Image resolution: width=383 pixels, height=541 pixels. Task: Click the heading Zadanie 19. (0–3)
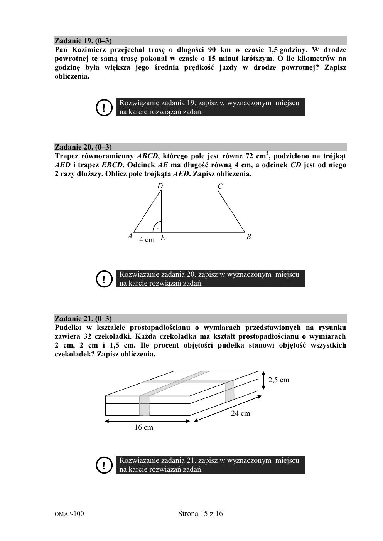[x=83, y=41]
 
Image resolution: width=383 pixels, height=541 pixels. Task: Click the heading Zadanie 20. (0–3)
[x=83, y=147]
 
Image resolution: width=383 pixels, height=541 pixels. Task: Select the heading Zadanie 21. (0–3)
[x=83, y=319]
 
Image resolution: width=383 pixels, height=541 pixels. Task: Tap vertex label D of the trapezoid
[x=160, y=186]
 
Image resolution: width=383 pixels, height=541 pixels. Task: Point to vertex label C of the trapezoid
[x=220, y=186]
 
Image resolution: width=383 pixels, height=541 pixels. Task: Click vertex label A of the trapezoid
[x=130, y=236]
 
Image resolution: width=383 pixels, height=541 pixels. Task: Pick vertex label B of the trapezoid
[x=249, y=237]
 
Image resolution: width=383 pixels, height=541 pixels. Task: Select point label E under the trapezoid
[x=163, y=238]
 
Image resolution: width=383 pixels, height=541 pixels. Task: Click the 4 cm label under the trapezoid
[x=147, y=240]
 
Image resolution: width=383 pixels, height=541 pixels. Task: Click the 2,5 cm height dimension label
[x=279, y=380]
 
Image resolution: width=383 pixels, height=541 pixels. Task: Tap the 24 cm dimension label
[x=240, y=413]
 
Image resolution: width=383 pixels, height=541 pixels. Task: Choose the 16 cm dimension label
[x=143, y=427]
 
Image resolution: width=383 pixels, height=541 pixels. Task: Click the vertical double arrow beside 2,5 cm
[x=263, y=380]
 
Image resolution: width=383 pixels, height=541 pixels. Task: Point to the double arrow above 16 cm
[x=148, y=421]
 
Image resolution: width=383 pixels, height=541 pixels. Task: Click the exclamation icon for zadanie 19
[x=103, y=108]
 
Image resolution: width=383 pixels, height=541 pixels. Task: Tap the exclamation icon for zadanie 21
[x=103, y=465]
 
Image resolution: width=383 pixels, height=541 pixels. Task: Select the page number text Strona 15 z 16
[x=201, y=514]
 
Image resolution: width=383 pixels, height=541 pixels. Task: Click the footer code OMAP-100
[x=69, y=514]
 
